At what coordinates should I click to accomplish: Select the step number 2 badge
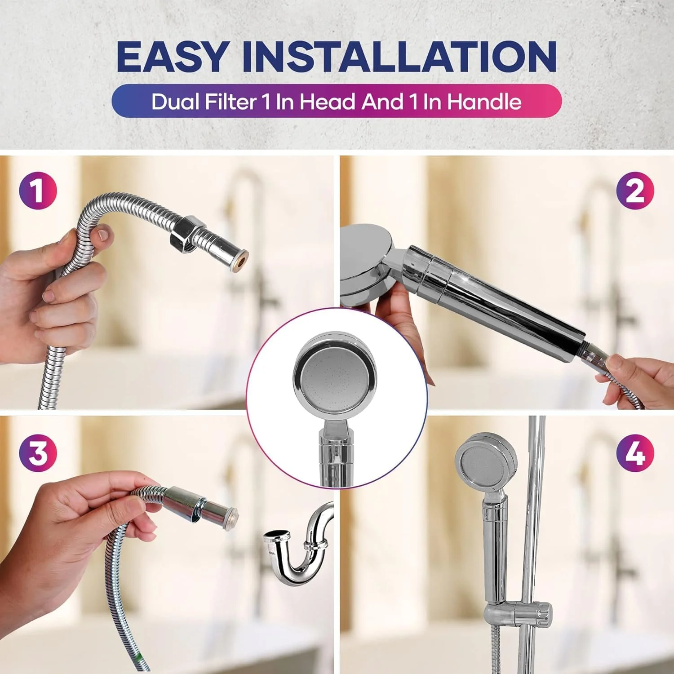point(635,191)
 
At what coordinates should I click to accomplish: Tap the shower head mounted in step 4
point(485,463)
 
